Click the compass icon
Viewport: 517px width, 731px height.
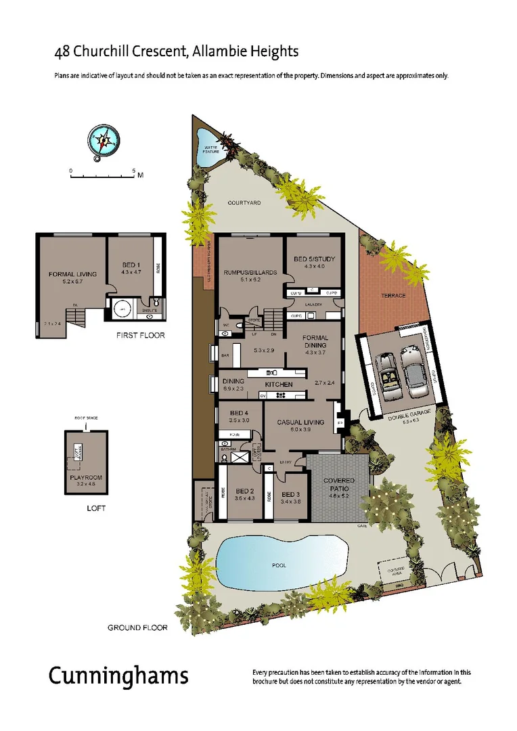coord(104,141)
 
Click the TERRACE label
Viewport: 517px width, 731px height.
coord(392,295)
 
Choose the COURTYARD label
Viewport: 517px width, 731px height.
coord(244,202)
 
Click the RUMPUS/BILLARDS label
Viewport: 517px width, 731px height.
coord(250,272)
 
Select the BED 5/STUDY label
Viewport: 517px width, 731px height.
coord(314,259)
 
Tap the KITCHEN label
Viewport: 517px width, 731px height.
coord(278,384)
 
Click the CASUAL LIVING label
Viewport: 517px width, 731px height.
coord(300,422)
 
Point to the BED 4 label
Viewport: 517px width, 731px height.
coord(240,413)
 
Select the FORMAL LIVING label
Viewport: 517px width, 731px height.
coord(72,274)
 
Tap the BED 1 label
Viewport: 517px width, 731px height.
coord(131,263)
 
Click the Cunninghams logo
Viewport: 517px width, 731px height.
coord(118,676)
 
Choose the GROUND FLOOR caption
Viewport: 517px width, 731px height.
coord(137,627)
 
